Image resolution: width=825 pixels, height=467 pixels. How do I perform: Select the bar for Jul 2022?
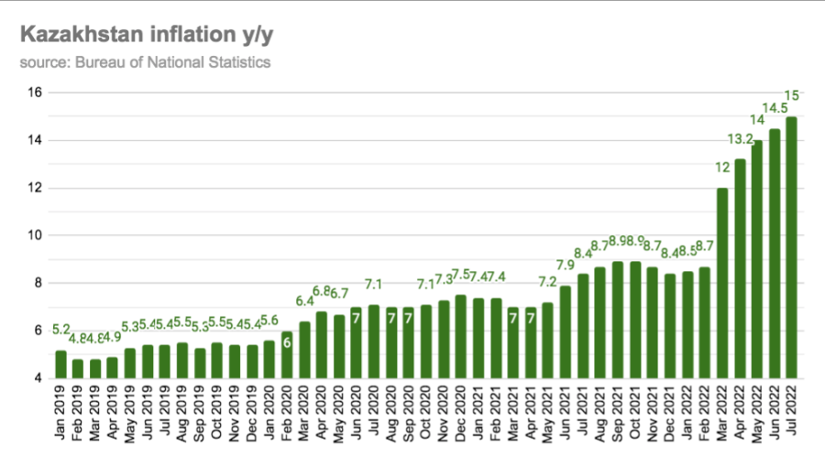[x=791, y=247]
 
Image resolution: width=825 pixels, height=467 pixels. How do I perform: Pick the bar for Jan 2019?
[x=60, y=364]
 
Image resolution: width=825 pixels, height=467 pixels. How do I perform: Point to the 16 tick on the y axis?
[x=34, y=92]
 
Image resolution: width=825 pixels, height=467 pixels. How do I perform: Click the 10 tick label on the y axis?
[x=34, y=235]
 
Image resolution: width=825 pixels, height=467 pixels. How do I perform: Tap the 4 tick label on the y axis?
[x=37, y=378]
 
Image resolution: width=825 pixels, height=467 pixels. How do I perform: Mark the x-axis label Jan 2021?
[x=478, y=412]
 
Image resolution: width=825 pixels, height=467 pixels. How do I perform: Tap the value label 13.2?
[x=740, y=139]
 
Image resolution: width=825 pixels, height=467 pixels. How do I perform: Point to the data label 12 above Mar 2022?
[x=722, y=168]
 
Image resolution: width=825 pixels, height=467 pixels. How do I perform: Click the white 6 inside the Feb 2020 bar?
[x=287, y=342]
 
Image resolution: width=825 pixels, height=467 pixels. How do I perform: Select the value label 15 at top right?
[x=793, y=95]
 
